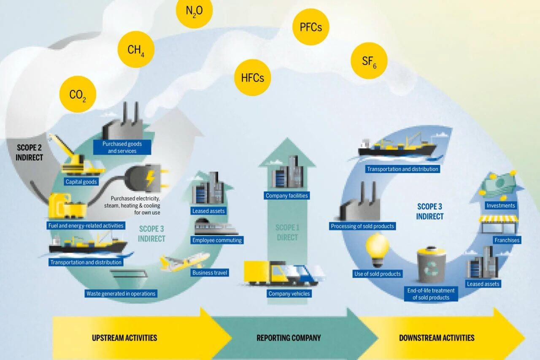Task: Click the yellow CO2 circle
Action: (78, 94)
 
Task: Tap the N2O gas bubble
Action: (194, 11)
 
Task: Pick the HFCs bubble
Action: (253, 77)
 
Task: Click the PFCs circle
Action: (310, 27)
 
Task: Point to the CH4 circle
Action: (136, 50)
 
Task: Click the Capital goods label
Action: (81, 182)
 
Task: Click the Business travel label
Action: (210, 273)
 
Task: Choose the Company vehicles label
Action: (289, 293)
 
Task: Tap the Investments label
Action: (501, 206)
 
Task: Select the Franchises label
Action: (507, 240)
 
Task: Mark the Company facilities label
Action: (287, 195)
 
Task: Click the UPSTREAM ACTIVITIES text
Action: (124, 338)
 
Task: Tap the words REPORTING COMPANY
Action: (289, 338)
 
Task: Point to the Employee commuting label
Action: (217, 240)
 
